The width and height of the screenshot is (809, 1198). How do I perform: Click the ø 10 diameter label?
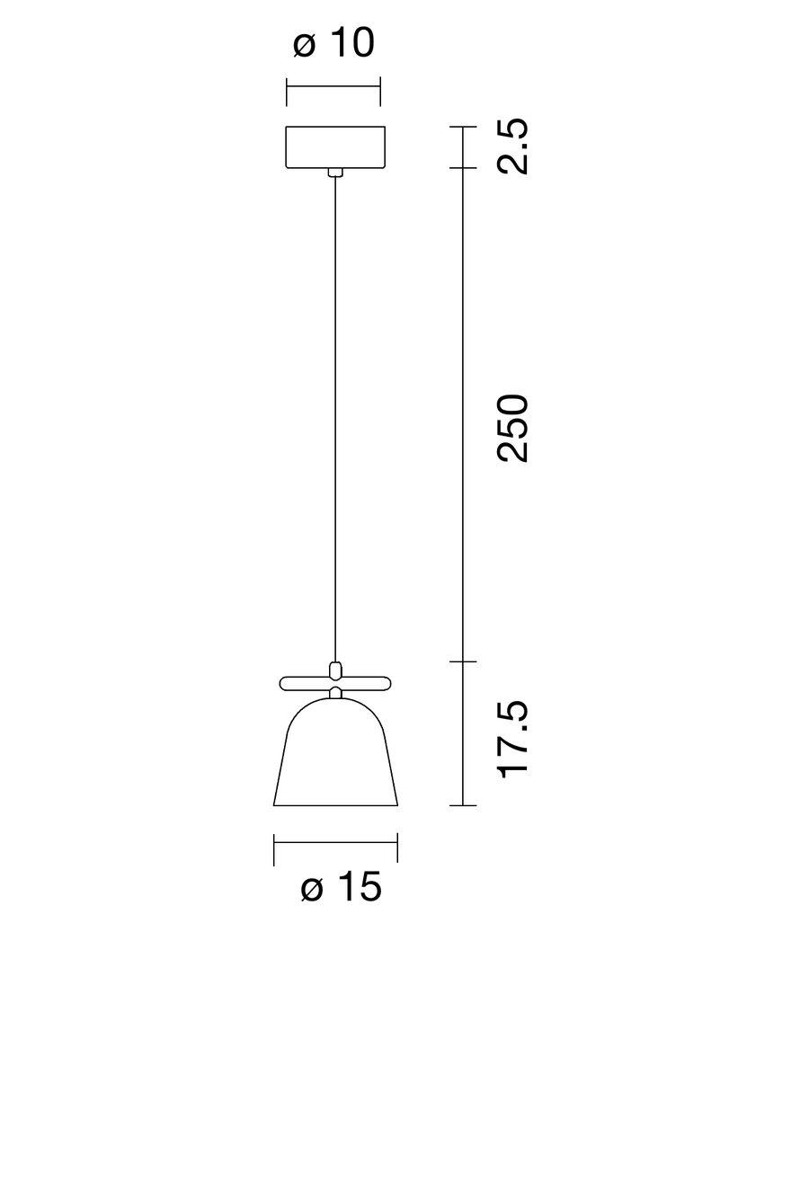pyautogui.click(x=333, y=43)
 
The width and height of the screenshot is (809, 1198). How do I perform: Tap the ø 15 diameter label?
pyautogui.click(x=341, y=887)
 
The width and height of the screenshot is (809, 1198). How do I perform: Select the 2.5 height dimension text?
pyautogui.click(x=512, y=146)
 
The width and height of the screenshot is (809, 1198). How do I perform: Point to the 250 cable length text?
pyautogui.click(x=512, y=428)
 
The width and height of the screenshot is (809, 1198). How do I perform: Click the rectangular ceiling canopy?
pyautogui.click(x=335, y=147)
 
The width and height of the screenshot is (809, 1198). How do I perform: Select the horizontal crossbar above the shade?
pyautogui.click(x=335, y=683)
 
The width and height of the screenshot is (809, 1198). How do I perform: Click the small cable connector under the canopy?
pyautogui.click(x=335, y=172)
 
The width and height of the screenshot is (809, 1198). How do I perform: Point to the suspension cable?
pyautogui.click(x=335, y=419)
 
